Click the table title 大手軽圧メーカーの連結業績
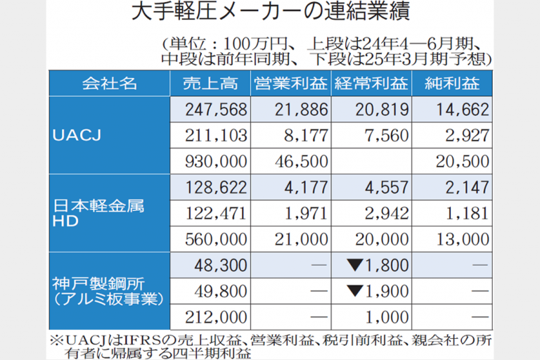coord(271,13)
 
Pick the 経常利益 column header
coord(370,84)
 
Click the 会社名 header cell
coord(109,84)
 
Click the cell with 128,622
coord(214,188)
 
